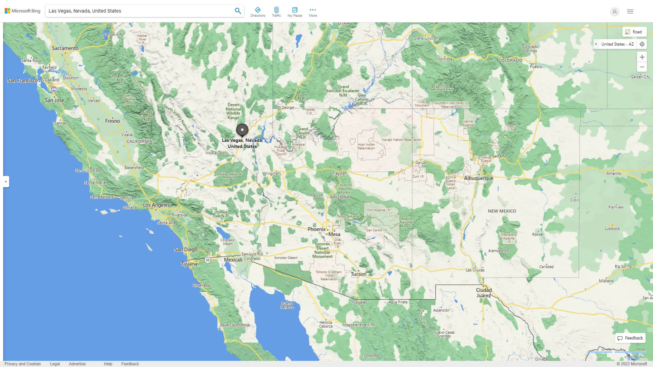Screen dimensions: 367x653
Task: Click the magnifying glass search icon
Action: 238,11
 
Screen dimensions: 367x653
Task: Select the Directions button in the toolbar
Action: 257,12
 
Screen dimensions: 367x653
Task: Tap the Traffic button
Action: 276,12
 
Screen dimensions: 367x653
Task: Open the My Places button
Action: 295,12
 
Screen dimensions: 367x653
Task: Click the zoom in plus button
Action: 642,57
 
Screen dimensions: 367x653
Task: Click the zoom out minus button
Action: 642,67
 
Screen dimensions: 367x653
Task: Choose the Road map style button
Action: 634,32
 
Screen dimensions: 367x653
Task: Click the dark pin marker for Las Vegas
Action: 242,130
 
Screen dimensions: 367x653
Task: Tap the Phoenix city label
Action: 316,229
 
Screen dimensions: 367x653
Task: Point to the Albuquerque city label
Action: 478,178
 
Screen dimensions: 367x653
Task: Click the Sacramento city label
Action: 65,48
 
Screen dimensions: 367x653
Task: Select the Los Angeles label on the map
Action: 156,205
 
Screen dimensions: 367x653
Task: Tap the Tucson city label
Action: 358,274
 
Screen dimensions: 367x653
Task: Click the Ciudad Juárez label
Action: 484,293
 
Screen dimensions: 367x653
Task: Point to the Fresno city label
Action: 113,121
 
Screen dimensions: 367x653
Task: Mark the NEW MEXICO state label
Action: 502,211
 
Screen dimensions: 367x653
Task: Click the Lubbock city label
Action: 612,228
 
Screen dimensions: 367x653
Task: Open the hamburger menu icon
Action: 630,12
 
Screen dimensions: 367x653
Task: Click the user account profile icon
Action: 614,12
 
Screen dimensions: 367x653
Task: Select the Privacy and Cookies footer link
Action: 23,364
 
